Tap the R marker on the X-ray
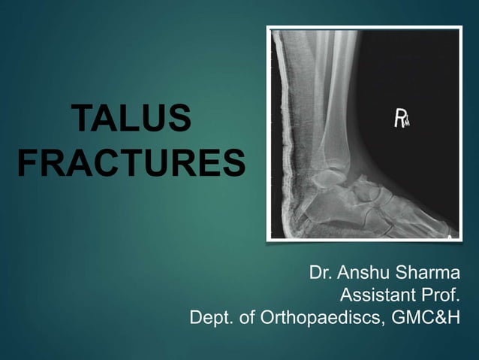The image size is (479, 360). (x=400, y=118)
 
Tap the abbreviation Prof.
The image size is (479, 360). (x=436, y=295)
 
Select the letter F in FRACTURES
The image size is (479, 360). (x=29, y=163)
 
